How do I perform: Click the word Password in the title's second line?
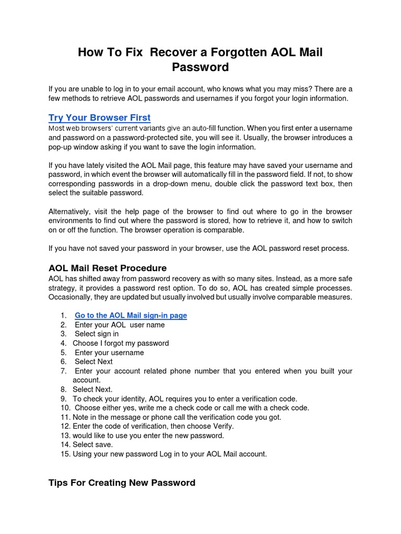200,67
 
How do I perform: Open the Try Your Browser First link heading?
99,118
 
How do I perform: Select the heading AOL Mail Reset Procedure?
108,268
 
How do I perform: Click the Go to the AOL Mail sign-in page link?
131,315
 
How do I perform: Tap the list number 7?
63,371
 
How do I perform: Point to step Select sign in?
97,334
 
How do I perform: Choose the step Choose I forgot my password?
121,343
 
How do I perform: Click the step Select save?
92,444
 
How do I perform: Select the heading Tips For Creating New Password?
122,483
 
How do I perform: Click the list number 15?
65,454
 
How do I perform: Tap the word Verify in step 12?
221,426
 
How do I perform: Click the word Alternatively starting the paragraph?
72,212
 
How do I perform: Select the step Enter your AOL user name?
120,325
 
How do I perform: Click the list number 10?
65,408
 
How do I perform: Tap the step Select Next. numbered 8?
92,389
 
